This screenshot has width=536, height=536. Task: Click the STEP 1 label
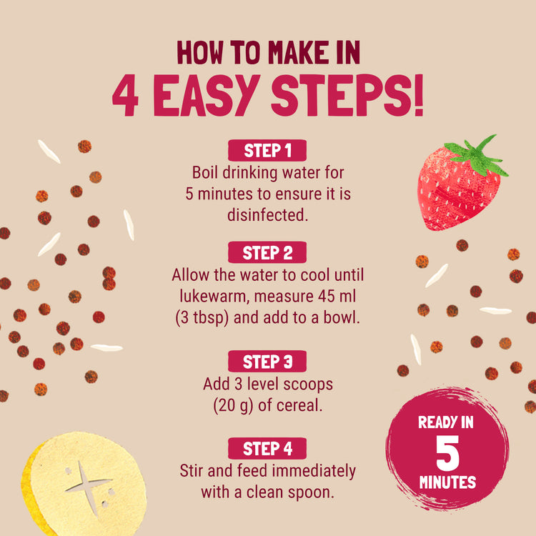click(x=267, y=151)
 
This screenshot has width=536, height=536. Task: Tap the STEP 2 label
click(x=267, y=253)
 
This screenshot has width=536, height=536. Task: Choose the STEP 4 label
click(x=267, y=449)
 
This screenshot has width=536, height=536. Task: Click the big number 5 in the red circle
click(x=447, y=452)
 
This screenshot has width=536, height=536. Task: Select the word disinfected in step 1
click(x=267, y=214)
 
